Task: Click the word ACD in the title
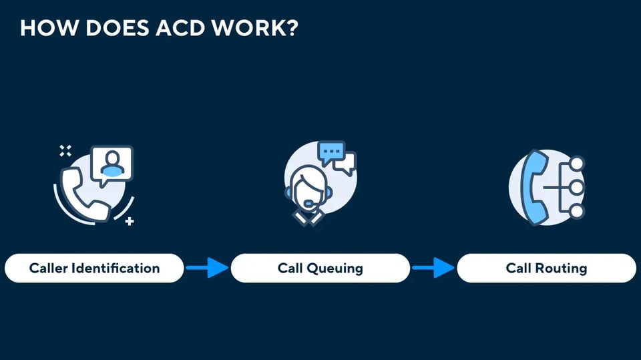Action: point(180,28)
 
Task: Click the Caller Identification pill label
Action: point(94,268)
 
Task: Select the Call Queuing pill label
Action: point(320,268)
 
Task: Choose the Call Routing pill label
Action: point(547,268)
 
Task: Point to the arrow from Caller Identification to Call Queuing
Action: point(207,268)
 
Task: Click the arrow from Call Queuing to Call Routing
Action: point(433,268)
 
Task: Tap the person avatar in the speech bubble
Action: point(112,164)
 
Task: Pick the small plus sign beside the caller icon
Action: point(130,221)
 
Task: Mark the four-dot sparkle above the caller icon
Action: point(65,150)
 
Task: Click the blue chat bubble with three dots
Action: point(331,153)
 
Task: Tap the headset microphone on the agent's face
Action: point(308,203)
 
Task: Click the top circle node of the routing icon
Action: point(576,164)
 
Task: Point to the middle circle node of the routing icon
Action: point(576,188)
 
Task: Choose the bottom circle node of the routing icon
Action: point(576,212)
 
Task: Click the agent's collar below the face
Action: point(308,217)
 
